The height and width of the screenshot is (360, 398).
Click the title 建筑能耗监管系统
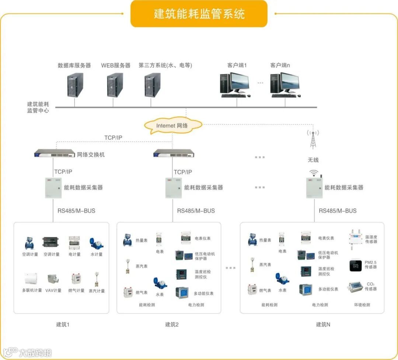pyautogui.click(x=199, y=14)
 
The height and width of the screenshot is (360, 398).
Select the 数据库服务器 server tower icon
pyautogui.click(x=75, y=85)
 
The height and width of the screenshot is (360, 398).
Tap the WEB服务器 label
pyautogui.click(x=116, y=65)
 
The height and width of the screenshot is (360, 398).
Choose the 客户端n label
pyautogui.click(x=280, y=65)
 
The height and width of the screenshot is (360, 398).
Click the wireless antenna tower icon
pyautogui.click(x=313, y=139)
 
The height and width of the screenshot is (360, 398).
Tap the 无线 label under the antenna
pyautogui.click(x=313, y=160)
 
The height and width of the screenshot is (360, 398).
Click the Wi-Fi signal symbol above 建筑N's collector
pyautogui.click(x=313, y=172)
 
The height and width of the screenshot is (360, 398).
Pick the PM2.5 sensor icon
pyautogui.click(x=356, y=265)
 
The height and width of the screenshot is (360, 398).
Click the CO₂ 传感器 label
pyautogui.click(x=370, y=286)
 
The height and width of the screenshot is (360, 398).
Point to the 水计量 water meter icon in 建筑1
pyautogui.click(x=96, y=242)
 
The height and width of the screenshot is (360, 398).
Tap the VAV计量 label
pyautogui.click(x=53, y=291)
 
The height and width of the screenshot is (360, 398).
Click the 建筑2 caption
pyautogui.click(x=172, y=325)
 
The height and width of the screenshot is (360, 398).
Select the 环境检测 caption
pyautogui.click(x=362, y=305)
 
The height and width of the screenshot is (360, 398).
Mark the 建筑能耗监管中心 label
pyautogui.click(x=38, y=107)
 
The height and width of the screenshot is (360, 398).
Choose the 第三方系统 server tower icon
pyautogui.click(x=152, y=85)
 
